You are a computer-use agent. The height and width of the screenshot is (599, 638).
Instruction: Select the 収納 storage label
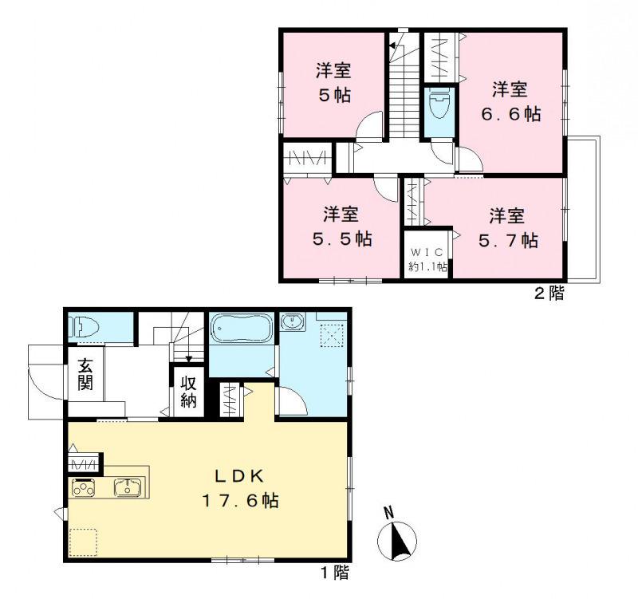(188, 392)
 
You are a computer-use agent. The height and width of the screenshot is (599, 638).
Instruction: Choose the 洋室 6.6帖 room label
(510, 100)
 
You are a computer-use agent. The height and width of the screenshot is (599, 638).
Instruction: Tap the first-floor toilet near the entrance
(81, 327)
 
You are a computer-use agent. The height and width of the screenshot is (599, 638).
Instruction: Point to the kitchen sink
(127, 488)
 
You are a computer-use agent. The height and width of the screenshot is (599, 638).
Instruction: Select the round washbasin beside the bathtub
(293, 323)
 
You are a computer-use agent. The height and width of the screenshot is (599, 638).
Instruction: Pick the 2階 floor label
(548, 294)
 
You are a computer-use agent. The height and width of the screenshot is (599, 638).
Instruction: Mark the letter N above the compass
(388, 512)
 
